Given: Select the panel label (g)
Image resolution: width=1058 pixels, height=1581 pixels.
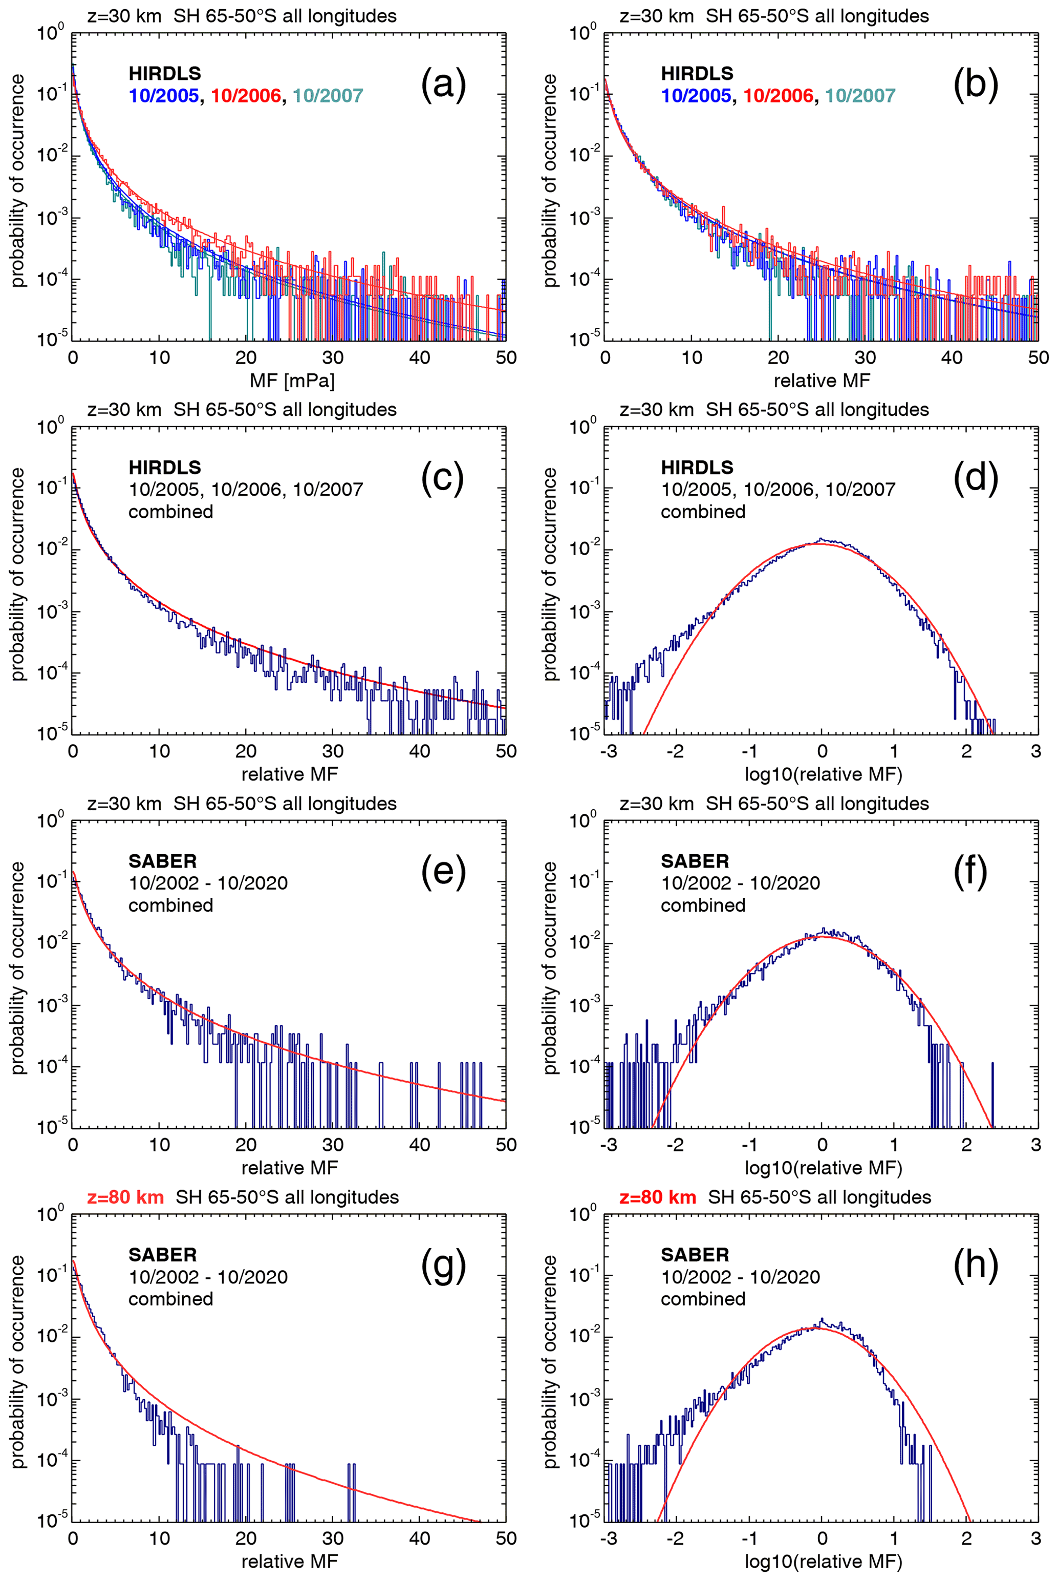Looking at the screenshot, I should click(443, 1267).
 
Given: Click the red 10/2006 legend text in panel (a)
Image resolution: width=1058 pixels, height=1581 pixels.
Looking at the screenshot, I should click(246, 96).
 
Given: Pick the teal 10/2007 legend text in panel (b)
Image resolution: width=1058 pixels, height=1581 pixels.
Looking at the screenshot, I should click(860, 96).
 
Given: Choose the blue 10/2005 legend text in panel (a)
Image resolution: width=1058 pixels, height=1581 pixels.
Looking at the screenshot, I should click(164, 96).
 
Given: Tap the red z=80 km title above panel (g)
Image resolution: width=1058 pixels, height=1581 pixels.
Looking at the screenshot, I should click(125, 1197).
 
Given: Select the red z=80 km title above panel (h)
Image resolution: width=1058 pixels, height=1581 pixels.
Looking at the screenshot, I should click(658, 1197).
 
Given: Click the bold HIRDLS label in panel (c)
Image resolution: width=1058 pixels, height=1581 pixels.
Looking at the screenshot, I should click(165, 467).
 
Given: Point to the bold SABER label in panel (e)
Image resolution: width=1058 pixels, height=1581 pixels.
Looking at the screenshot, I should click(163, 861).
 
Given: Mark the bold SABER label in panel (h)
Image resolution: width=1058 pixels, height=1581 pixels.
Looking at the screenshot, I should click(695, 1255).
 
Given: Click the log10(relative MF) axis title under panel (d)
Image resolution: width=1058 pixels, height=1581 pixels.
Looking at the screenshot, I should click(823, 774).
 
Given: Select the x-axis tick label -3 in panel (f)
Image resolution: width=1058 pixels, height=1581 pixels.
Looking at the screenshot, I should click(609, 1145).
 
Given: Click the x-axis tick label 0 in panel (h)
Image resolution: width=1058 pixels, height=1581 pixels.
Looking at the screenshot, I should click(822, 1538).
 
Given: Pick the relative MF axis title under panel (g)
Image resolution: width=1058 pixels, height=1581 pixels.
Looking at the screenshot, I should click(290, 1562).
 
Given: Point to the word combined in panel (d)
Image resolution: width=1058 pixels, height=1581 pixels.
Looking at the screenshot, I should click(703, 512).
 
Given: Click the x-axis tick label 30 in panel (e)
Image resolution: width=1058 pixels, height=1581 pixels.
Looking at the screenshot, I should click(333, 1145).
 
